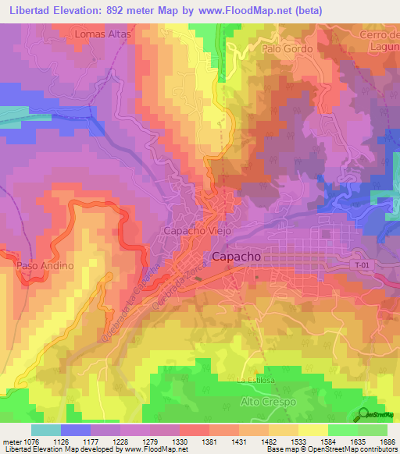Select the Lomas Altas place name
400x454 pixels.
[102, 35]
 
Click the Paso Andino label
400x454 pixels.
[45, 265]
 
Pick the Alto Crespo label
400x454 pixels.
[264, 401]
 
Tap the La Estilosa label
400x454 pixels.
[253, 380]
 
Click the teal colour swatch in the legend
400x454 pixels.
[46, 430]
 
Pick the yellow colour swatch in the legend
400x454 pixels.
[313, 430]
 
